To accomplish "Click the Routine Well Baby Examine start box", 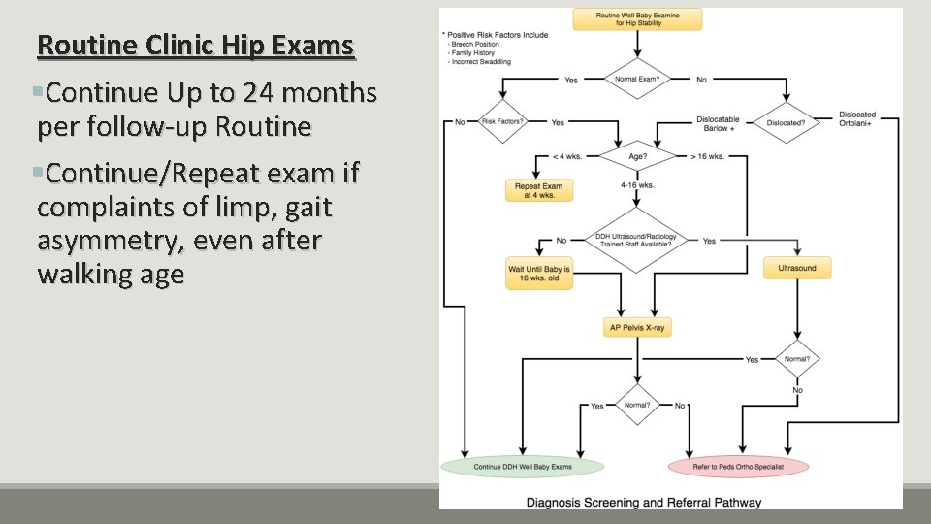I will coord(636,18).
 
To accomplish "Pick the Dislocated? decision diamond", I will coord(784,123).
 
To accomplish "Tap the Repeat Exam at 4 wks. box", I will coord(539,189).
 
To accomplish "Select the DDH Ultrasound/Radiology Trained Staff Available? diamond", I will coord(636,239).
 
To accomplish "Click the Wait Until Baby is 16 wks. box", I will coord(539,273).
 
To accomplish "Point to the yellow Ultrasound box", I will coord(797,268).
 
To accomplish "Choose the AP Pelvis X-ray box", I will coord(636,328).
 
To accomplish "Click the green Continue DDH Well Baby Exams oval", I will coord(522,467).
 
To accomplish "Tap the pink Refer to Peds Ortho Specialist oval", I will coord(738,467).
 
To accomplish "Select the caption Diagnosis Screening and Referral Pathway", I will coord(643,503).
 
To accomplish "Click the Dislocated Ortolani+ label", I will coord(856,119).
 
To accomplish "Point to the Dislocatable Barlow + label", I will coord(718,124).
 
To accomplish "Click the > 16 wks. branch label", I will coord(707,154).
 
